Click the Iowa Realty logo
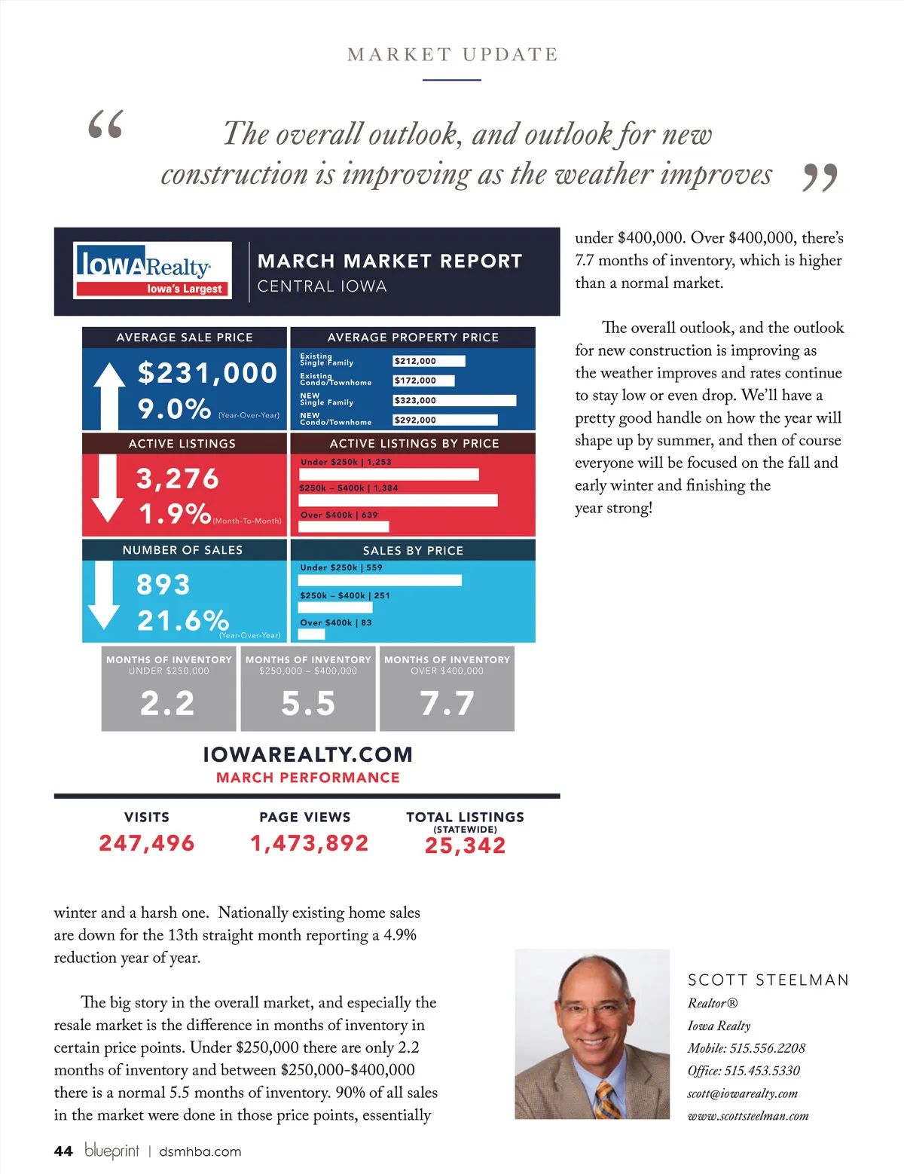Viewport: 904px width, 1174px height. pos(153,270)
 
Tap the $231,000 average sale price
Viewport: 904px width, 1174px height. pos(207,373)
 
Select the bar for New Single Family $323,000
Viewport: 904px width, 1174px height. pos(454,400)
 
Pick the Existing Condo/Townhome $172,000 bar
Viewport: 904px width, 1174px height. pos(424,381)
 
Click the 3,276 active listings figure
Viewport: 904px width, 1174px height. pos(178,478)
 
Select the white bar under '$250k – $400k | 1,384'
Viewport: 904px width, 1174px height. pos(398,500)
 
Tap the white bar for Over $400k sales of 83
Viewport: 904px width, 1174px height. pos(312,634)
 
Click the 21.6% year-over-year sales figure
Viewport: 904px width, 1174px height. pos(183,620)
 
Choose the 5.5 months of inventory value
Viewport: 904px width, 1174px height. pos(308,703)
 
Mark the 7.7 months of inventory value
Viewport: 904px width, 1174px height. pos(447,703)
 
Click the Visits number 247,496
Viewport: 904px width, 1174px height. pos(147,843)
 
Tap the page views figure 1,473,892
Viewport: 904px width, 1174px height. pos(310,843)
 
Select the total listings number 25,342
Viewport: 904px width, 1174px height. pos(465,845)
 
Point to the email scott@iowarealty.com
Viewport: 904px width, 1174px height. pos(742,1093)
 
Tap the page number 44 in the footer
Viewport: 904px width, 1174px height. pos(63,1151)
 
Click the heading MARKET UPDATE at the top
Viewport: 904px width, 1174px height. pos(452,54)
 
